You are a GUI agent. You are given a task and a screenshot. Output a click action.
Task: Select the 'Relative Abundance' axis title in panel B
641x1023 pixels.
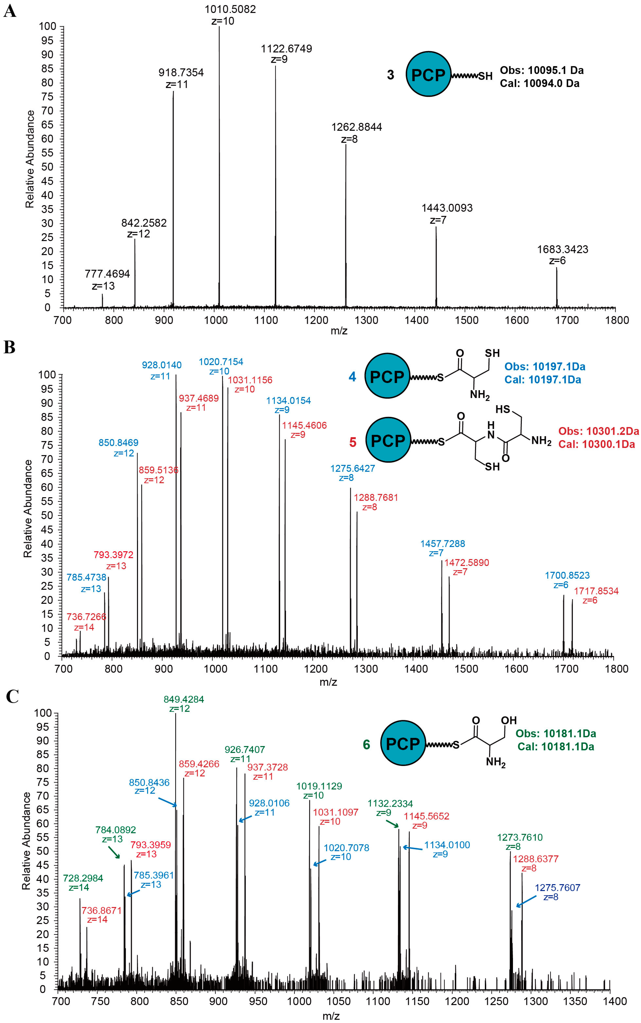point(28,508)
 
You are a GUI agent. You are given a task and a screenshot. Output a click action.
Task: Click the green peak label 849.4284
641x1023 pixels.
point(184,699)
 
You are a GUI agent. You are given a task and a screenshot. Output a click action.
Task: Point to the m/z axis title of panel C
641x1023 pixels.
point(331,1016)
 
